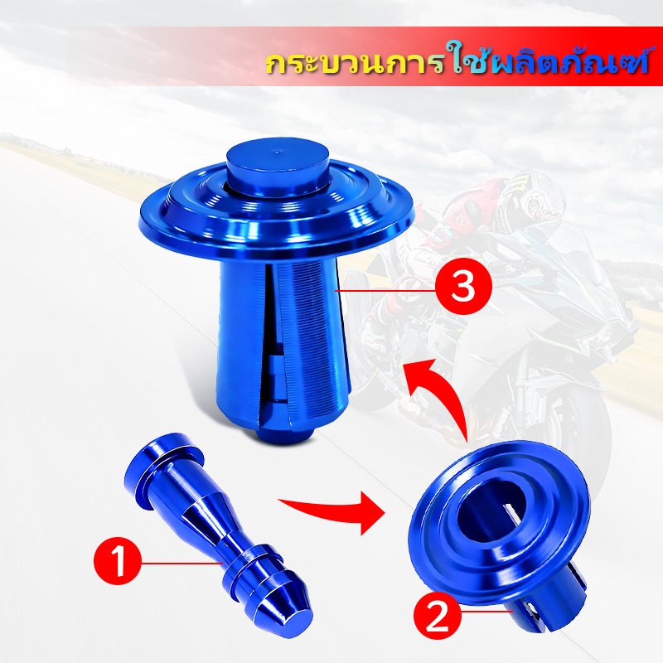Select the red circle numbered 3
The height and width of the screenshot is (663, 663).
[x=463, y=287]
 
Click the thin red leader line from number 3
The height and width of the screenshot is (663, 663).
[x=385, y=291]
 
